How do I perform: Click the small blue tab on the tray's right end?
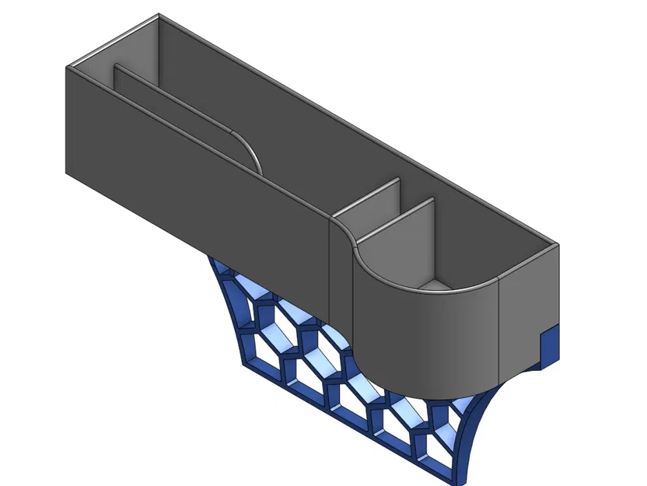pos(549,345)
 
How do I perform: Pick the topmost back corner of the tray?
pos(159,15)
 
